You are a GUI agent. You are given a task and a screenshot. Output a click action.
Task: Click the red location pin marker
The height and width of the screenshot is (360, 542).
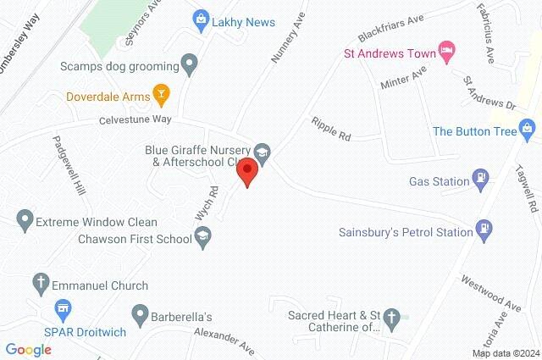click(x=247, y=172)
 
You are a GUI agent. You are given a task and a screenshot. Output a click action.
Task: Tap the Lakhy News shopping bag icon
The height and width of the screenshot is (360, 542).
click(x=201, y=17)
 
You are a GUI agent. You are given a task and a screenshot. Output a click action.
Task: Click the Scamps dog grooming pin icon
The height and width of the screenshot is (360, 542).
click(x=189, y=64)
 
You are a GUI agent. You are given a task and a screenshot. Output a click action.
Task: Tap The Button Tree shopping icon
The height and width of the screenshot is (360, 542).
click(x=528, y=130)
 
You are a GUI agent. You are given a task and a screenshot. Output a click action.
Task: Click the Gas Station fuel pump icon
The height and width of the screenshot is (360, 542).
click(x=480, y=180)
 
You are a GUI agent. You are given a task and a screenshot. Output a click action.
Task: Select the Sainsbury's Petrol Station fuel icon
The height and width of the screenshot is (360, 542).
click(x=484, y=229)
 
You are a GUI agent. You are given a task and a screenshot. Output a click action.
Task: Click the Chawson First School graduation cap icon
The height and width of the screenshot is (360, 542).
click(x=202, y=237)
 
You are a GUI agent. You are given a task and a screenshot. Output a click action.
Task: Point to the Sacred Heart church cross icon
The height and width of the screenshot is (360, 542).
click(x=390, y=319)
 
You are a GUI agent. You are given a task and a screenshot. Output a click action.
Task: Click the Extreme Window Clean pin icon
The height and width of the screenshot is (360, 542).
click(x=25, y=221)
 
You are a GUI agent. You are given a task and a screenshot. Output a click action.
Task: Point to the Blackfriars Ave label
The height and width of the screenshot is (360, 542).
click(x=390, y=29)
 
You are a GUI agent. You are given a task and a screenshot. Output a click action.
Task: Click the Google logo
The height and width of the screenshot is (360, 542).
click(x=29, y=349)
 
